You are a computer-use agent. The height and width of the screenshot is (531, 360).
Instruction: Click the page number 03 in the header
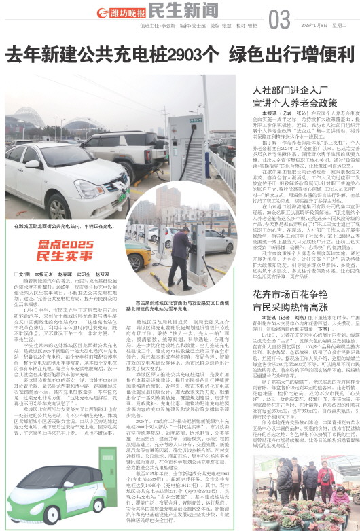coord(280,21)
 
